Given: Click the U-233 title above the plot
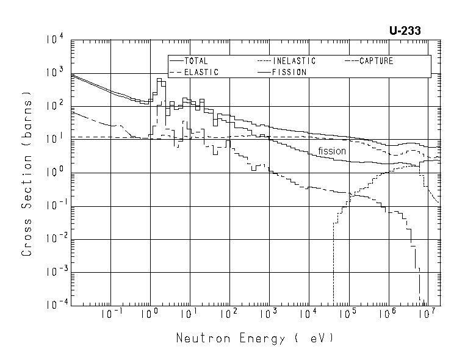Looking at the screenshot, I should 405,29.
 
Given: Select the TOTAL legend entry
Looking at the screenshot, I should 195,61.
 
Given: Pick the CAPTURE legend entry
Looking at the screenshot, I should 376,61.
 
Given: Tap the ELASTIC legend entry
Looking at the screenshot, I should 201,72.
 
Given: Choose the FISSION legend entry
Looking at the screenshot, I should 289,72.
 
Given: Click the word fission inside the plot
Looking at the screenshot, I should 331,151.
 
